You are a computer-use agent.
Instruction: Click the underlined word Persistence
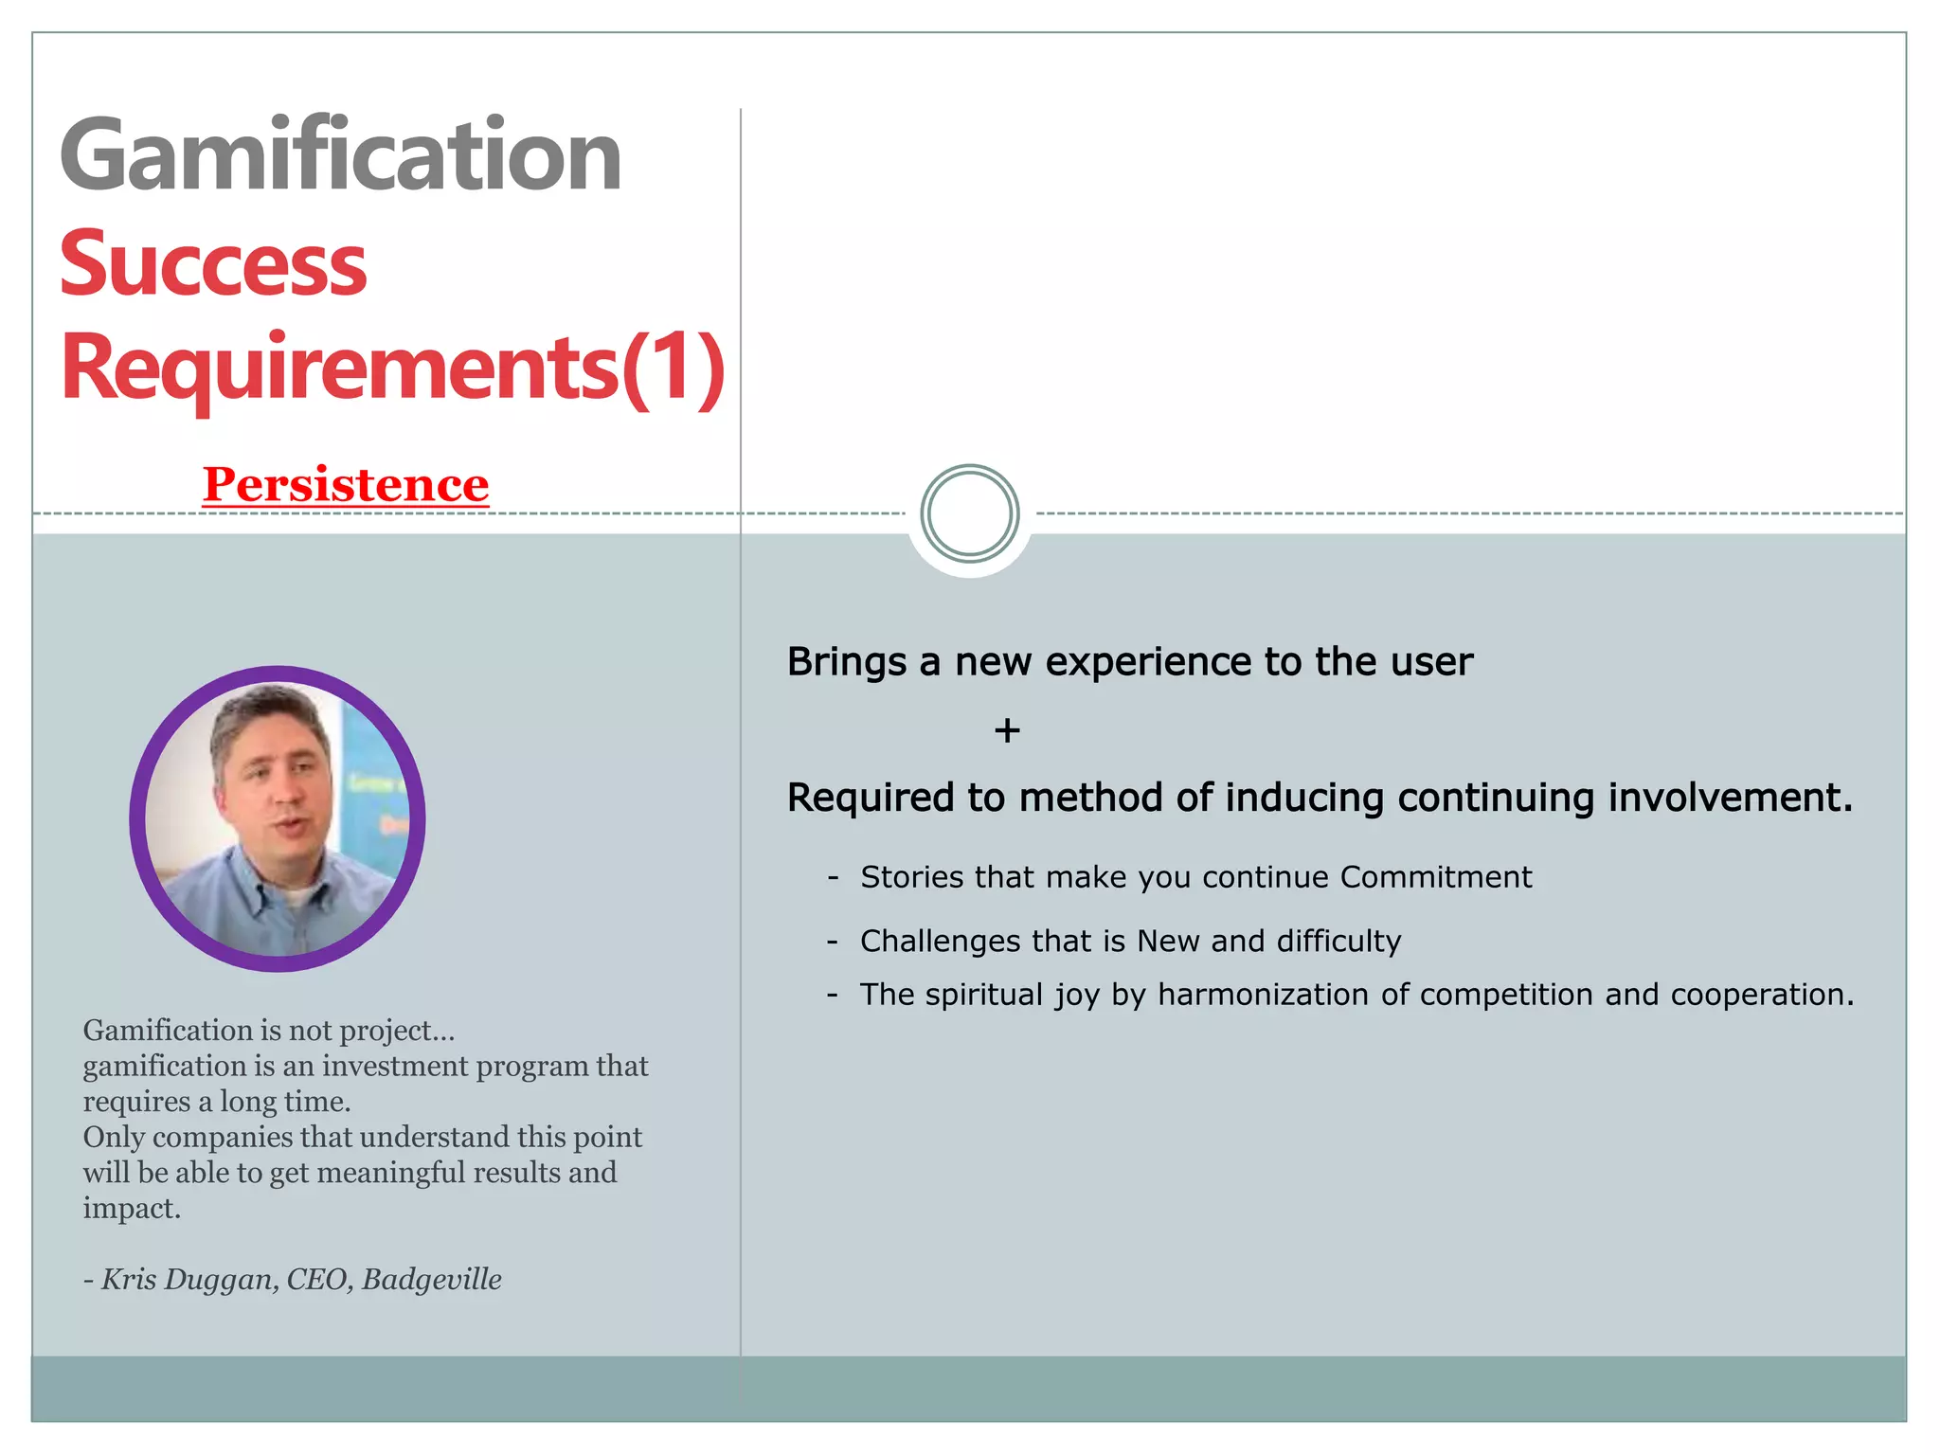[x=346, y=484]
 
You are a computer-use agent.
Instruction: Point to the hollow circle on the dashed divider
[x=969, y=513]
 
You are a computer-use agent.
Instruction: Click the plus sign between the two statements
[x=1007, y=730]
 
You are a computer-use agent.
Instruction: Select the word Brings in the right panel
[x=846, y=662]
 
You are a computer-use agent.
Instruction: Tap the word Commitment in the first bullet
[x=1435, y=877]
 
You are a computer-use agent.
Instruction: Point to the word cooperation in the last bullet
[x=1760, y=995]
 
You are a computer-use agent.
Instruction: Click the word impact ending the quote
[x=130, y=1209]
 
